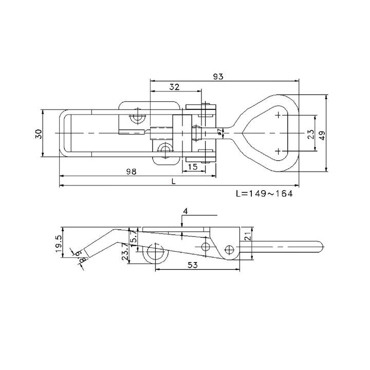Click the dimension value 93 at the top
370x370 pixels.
point(218,76)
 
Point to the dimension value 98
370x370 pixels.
point(131,172)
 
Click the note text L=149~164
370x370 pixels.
point(263,194)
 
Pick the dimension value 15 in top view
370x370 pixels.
point(193,166)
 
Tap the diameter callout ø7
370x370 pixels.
point(220,133)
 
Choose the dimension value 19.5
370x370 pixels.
point(57,242)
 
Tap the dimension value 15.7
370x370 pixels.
point(135,238)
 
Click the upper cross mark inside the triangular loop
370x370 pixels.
point(278,115)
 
